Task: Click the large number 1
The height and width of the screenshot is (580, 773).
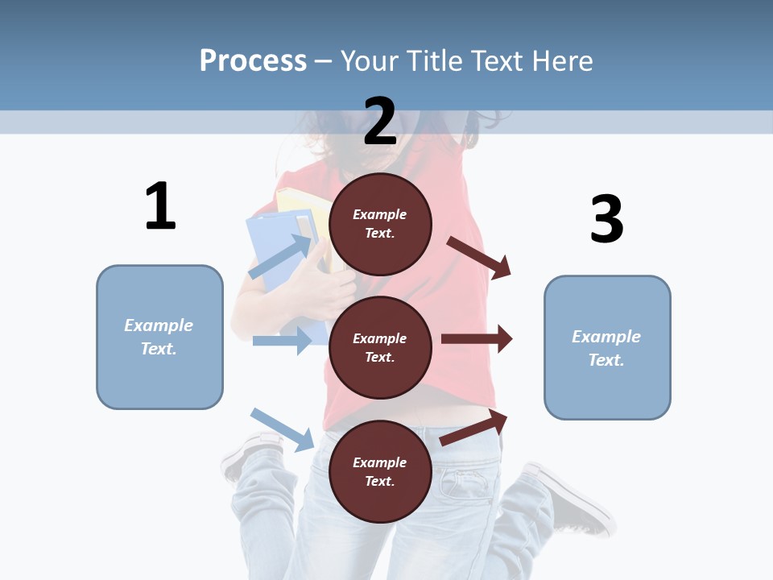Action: point(160,206)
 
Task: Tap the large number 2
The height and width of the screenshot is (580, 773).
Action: point(380,121)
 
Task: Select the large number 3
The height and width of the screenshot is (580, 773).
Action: point(606,219)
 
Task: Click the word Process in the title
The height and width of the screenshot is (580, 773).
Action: point(253,60)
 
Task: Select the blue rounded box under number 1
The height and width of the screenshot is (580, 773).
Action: point(159,337)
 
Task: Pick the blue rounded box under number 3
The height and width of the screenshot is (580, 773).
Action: point(607,348)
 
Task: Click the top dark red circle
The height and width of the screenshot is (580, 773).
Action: point(380,223)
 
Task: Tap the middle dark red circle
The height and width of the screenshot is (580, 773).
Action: point(380,347)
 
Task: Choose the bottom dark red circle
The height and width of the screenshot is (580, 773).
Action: point(380,471)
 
